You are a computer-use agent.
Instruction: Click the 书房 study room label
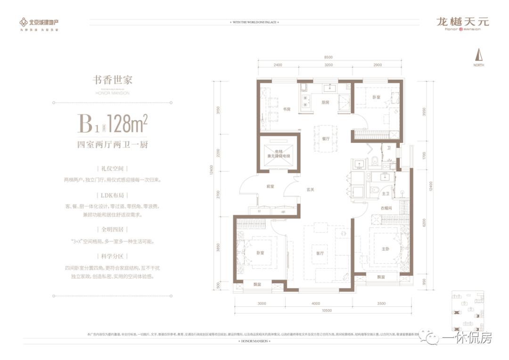(x=287, y=109)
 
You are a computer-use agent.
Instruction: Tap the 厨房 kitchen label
(x=325, y=102)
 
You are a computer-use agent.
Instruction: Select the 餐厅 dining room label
(x=325, y=139)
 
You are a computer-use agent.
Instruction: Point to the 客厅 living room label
(x=320, y=253)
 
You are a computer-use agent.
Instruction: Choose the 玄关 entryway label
(x=310, y=190)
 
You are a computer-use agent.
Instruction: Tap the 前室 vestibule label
(x=270, y=186)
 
